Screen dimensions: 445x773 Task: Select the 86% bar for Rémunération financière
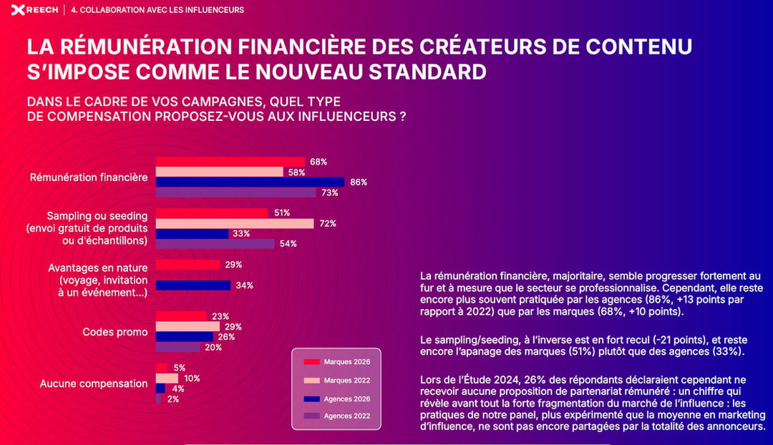tap(250, 182)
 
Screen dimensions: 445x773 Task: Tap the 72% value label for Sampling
tap(328, 224)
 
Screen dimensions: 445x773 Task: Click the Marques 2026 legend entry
tap(336, 362)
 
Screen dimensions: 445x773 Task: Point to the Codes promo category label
tap(115, 332)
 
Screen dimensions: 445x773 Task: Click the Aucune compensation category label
tap(94, 383)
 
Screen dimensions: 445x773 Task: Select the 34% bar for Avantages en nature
tap(193, 285)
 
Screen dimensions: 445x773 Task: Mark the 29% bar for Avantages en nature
tap(188, 265)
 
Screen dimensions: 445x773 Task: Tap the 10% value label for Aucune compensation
tap(192, 378)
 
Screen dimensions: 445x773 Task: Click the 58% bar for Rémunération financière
tap(219, 172)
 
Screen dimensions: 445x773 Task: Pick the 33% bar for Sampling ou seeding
tap(192, 234)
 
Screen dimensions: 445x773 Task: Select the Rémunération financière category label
tap(89, 177)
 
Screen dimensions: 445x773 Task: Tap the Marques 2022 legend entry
tap(336, 381)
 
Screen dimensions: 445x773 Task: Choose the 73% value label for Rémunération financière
tap(330, 193)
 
